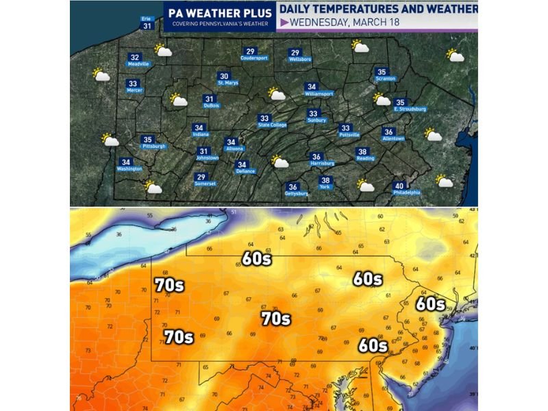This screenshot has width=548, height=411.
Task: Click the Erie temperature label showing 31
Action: pyautogui.click(x=147, y=25)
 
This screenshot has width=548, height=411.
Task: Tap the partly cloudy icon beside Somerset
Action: pyautogui.click(x=153, y=186)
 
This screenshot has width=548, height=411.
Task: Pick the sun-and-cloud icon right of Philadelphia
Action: pyautogui.click(x=444, y=182)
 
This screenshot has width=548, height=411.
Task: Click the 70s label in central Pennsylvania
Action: pyautogui.click(x=275, y=319)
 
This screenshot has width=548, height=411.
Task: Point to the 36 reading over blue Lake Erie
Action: pyautogui.click(x=119, y=234)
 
